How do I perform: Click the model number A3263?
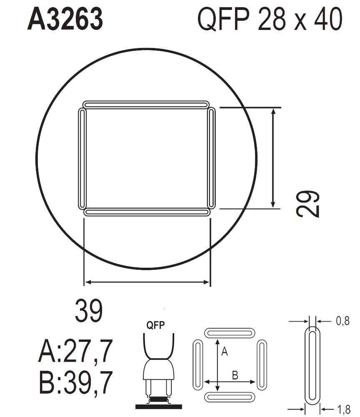click(65, 19)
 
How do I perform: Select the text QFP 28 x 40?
click(270, 19)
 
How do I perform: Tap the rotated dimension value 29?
click(307, 204)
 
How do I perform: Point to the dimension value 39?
click(89, 311)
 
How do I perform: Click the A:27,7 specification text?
click(76, 351)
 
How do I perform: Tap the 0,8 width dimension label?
click(342, 321)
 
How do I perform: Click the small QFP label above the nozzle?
click(155, 325)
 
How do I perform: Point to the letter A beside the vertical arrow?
click(225, 352)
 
